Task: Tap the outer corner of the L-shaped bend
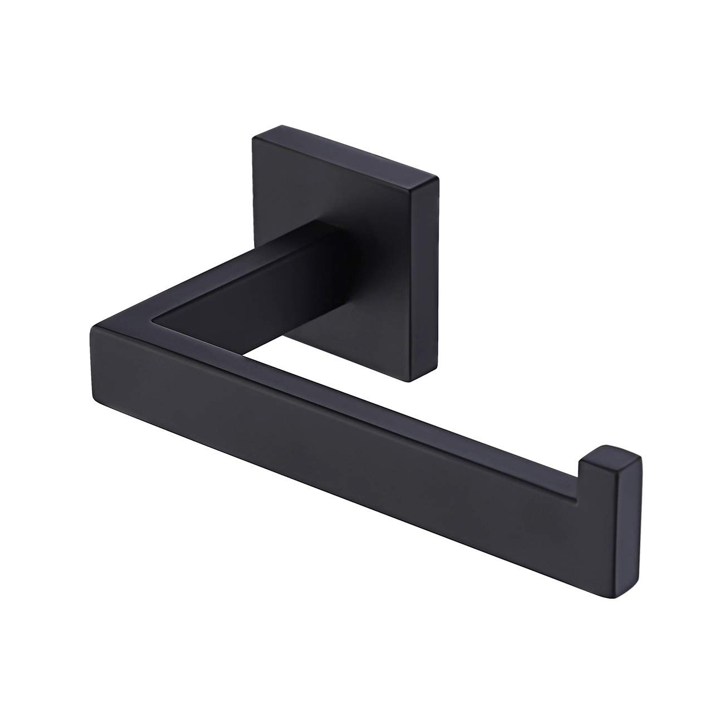91,330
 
